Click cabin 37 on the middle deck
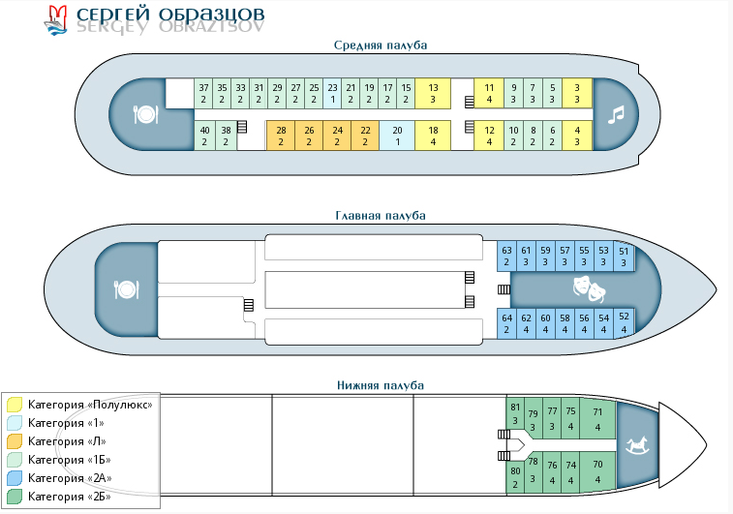[204, 93]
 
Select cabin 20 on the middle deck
[397, 136]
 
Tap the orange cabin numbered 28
[281, 136]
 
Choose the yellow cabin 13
[434, 93]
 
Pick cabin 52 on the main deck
[624, 322]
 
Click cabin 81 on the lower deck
[515, 413]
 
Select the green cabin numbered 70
[597, 470]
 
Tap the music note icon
[614, 115]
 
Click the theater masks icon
[588, 287]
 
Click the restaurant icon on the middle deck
[145, 114]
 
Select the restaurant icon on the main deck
[127, 289]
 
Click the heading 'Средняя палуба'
[380, 45]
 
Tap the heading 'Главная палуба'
[380, 216]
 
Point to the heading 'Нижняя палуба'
[380, 385]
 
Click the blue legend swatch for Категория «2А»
[15, 478]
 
